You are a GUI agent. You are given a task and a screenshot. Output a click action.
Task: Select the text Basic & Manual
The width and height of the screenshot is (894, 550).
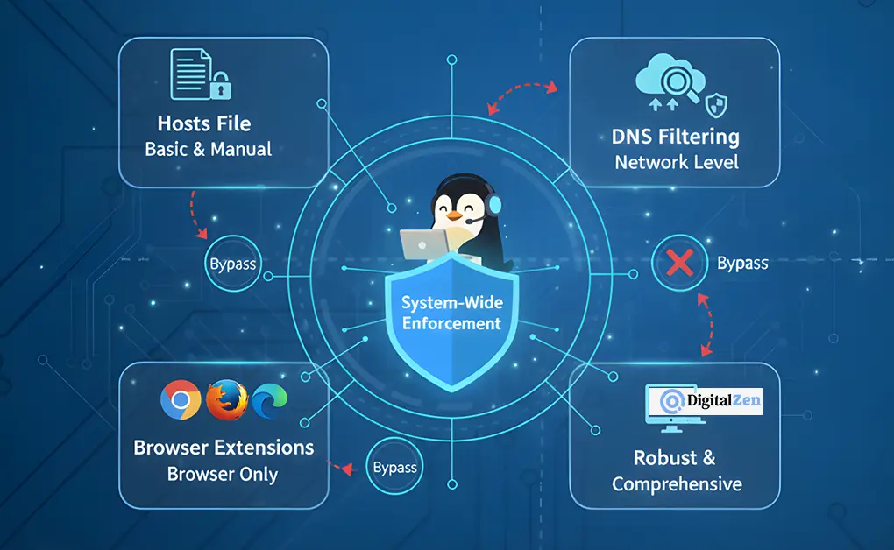click(209, 149)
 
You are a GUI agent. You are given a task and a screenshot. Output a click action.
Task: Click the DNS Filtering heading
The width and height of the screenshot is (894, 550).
click(676, 137)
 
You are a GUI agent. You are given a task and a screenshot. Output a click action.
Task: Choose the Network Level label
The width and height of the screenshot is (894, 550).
click(676, 162)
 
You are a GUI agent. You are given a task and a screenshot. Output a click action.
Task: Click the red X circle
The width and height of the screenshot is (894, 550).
click(679, 263)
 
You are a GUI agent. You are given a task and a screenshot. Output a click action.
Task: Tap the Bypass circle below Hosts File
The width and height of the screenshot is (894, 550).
click(232, 262)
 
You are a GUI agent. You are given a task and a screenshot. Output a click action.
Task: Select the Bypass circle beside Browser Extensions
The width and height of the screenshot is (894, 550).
click(395, 467)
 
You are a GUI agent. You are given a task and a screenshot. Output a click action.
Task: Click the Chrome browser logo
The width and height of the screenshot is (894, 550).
click(181, 401)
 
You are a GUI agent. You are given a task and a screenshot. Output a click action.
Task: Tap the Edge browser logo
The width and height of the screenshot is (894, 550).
click(267, 401)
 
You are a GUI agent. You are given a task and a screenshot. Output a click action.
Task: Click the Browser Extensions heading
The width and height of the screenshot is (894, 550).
click(223, 448)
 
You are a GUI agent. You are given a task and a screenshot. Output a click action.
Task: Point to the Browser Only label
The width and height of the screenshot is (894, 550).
click(223, 475)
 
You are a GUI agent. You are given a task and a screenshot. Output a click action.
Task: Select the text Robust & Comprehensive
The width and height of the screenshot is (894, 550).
click(676, 470)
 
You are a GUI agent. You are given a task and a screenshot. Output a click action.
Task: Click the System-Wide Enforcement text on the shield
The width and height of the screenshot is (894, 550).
click(451, 313)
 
